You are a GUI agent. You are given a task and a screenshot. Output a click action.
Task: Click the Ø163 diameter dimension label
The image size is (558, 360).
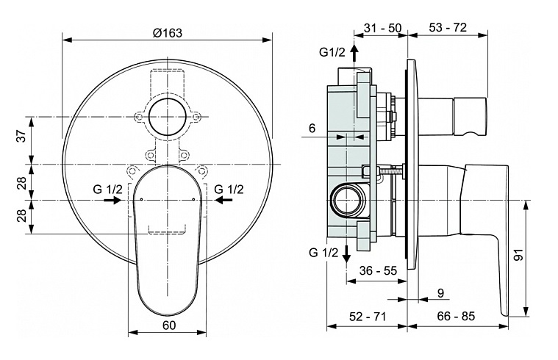tap(168, 33)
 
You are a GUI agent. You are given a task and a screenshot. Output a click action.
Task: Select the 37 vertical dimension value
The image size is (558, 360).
tap(22, 135)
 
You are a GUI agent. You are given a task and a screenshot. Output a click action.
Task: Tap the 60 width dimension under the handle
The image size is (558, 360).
tap(169, 325)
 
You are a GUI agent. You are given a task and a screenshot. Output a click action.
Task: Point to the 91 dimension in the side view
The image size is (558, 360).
tap(519, 254)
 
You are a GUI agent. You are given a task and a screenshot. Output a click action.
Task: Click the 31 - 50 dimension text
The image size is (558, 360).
tap(382, 28)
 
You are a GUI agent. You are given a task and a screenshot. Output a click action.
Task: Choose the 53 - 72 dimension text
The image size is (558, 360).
tap(448, 27)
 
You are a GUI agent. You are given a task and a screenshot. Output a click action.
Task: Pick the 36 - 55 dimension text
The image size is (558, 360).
tap(378, 270)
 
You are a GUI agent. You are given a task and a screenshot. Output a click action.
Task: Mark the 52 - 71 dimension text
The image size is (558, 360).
tap(368, 316)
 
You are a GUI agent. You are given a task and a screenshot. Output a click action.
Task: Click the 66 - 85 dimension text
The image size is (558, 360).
tap(456, 316)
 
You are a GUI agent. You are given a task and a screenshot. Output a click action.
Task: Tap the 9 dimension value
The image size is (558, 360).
tap(440, 293)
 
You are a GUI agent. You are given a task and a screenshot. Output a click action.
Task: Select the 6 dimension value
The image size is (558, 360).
tap(312, 128)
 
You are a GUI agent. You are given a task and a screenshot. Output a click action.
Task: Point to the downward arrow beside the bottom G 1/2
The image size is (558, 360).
tap(346, 253)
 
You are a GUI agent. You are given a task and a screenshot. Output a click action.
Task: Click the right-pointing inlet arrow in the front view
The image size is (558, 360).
tap(112, 201)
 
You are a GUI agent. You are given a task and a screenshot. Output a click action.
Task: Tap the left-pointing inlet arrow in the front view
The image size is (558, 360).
tap(224, 201)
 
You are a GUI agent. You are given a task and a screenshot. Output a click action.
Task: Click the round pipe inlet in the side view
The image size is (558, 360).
tap(346, 201)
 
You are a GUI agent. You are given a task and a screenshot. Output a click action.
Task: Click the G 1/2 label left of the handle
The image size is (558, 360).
tap(107, 189)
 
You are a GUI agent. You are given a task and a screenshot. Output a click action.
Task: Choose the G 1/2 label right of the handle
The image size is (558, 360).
tap(229, 189)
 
